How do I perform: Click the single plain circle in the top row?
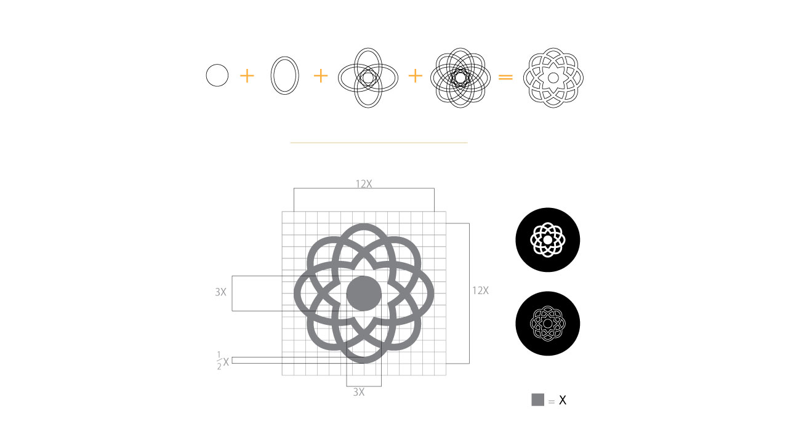[x=206, y=75]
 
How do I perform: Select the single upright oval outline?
[x=271, y=75]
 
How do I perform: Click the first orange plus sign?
[x=247, y=76]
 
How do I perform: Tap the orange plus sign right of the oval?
[x=321, y=76]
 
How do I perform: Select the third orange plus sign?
[x=415, y=76]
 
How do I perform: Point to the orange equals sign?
[x=505, y=77]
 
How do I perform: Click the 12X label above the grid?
[x=364, y=184]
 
